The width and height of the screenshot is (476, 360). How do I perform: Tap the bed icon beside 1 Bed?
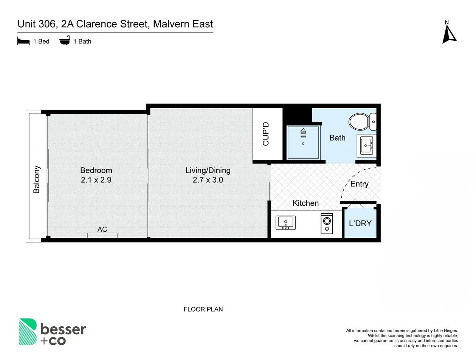coord(23,41)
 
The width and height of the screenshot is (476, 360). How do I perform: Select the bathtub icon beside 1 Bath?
coord(65,40)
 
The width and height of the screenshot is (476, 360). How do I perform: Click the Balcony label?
coord(36,179)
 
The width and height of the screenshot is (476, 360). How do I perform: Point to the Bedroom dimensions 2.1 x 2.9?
coord(96,180)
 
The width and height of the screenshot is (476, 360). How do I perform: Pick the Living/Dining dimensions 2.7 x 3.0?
coord(208,180)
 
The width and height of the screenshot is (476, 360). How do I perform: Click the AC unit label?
coord(102,229)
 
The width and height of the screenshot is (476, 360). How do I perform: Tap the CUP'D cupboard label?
coord(266,134)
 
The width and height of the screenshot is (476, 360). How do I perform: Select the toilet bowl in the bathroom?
coord(359,122)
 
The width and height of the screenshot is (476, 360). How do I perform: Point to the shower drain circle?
coord(303,144)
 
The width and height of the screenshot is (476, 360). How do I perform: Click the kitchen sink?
coord(285,222)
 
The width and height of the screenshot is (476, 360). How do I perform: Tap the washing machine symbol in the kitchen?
coord(327,223)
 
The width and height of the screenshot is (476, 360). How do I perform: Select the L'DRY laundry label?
coord(360,223)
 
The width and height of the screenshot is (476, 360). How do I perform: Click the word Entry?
coord(359,184)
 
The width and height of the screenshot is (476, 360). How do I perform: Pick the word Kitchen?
coord(305,203)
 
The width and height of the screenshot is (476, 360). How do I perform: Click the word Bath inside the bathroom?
coord(337,138)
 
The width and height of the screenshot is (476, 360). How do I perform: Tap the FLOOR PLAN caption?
coord(203,309)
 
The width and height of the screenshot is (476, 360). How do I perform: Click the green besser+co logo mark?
coord(28,332)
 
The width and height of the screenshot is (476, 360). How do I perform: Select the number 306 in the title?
coord(47,24)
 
